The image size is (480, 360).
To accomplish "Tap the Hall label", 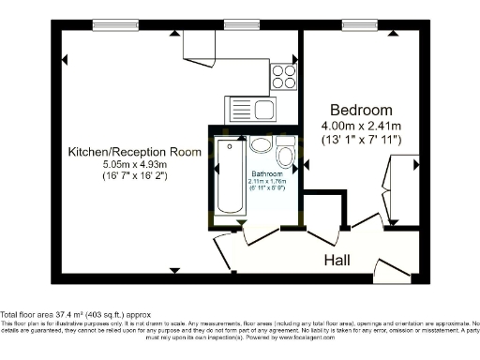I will (x=345, y=260).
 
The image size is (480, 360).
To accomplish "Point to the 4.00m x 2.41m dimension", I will (x=361, y=126).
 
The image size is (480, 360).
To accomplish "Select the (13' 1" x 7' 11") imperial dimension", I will (x=361, y=140).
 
